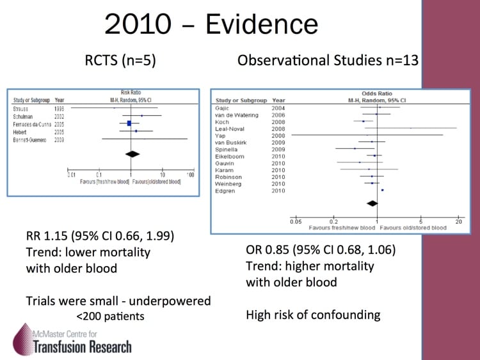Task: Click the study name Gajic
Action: [224, 107]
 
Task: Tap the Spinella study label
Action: [228, 149]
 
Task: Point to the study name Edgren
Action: [227, 191]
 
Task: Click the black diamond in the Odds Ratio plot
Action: [371, 203]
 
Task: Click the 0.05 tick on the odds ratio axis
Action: [296, 222]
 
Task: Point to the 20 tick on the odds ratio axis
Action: [458, 222]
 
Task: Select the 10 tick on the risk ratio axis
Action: [162, 175]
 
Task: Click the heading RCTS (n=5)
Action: [122, 61]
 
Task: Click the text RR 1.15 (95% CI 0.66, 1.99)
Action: [99, 236]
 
